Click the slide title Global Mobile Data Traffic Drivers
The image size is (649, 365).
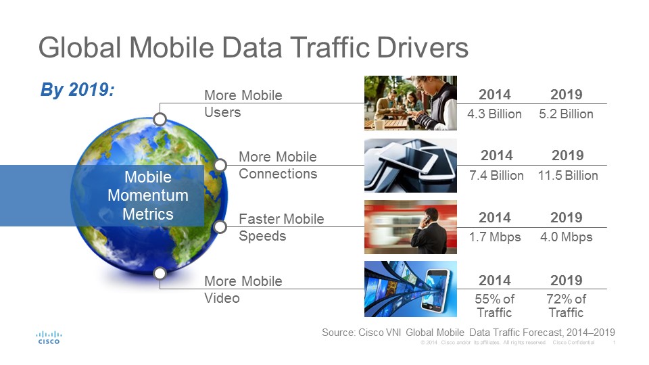(x=254, y=49)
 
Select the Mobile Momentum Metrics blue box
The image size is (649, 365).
(x=147, y=196)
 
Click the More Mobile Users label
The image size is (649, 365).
(x=243, y=103)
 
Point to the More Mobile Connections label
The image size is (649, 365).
(x=277, y=165)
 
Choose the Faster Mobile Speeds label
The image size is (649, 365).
(x=281, y=227)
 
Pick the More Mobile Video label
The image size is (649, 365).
(x=243, y=289)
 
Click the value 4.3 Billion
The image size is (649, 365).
(x=494, y=114)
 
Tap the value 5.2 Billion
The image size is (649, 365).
(x=566, y=114)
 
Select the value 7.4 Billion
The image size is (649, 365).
(x=496, y=176)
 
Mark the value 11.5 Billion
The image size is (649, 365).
(x=567, y=176)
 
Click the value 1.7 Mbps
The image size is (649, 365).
(x=494, y=237)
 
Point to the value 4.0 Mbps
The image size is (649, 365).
(x=566, y=237)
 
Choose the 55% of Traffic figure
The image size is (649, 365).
(x=494, y=306)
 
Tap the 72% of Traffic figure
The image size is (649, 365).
(x=566, y=306)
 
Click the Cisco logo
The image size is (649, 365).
(x=48, y=337)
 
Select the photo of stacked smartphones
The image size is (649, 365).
(x=410, y=166)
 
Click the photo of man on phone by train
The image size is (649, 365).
(x=410, y=227)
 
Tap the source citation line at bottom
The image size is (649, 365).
(x=468, y=333)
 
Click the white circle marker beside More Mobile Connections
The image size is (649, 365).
(x=220, y=165)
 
